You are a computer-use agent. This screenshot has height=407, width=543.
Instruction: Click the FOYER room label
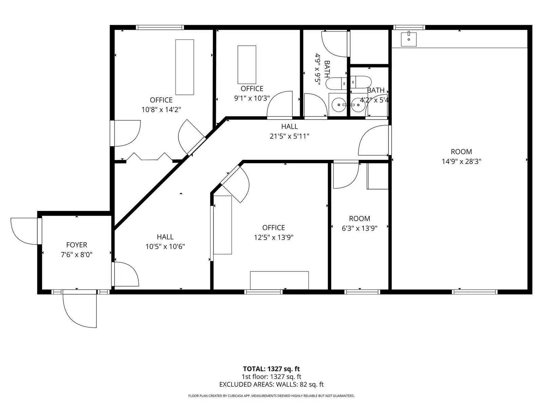(77, 245)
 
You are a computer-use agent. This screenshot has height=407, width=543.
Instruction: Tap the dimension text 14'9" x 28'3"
(461, 161)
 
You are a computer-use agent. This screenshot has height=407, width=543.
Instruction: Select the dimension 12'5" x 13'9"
(274, 237)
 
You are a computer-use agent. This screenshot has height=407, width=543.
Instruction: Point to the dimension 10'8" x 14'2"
(161, 110)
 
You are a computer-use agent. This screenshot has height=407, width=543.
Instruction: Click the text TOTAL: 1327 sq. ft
(271, 369)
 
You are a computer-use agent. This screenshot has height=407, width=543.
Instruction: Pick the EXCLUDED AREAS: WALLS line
(271, 384)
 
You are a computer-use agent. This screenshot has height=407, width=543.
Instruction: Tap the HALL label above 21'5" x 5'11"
(289, 127)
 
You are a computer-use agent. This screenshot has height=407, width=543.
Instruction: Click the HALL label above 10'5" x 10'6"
(165, 237)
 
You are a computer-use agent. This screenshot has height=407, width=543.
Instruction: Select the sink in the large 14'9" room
(409, 39)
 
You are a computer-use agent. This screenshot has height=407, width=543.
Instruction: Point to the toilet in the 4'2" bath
(361, 82)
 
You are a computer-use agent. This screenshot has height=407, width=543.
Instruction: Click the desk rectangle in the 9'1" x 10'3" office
(247, 64)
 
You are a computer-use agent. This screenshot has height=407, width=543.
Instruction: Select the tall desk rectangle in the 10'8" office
(185, 67)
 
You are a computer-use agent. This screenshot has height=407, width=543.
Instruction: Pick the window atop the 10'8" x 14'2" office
(160, 27)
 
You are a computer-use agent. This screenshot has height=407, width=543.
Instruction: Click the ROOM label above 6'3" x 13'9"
(359, 218)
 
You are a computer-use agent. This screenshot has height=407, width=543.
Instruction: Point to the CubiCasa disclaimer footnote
(271, 395)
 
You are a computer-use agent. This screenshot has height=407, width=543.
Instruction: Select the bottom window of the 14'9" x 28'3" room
(474, 292)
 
